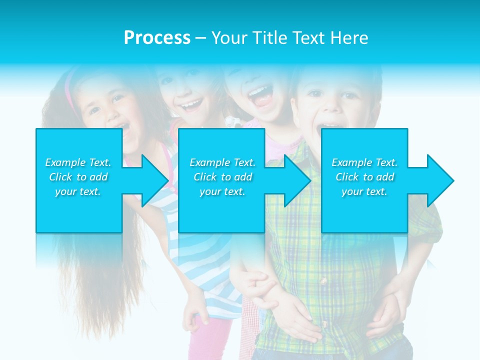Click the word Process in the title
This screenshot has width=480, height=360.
pos(157,38)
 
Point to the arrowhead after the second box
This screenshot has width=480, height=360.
pos(295,180)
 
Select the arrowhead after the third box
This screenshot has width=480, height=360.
pos(438,180)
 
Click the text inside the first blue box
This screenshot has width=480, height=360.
pos(78,177)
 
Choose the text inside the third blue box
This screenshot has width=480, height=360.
pos(364,177)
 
